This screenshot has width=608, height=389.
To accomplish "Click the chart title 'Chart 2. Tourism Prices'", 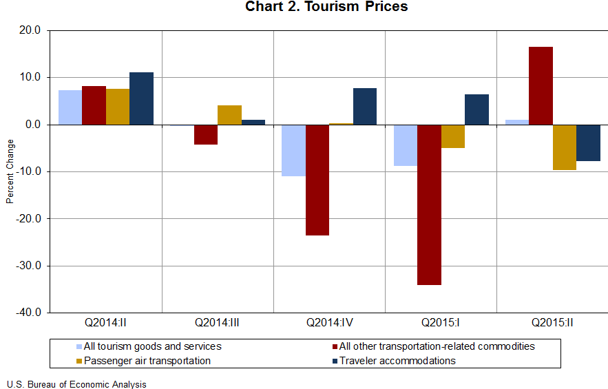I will click(x=326, y=8).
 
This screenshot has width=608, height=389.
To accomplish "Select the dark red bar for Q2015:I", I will click(x=429, y=204).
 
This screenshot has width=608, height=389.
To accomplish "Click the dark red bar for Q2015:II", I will click(x=541, y=85).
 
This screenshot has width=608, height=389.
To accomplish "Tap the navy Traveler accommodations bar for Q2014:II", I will click(x=141, y=98).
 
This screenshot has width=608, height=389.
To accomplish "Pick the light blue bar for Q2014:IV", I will click(x=293, y=150).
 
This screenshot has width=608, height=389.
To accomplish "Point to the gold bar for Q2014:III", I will click(x=229, y=115).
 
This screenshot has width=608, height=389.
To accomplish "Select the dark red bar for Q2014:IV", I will click(x=317, y=180).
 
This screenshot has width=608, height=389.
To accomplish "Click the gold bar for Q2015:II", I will click(x=564, y=147).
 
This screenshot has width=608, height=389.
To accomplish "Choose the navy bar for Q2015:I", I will click(x=476, y=109).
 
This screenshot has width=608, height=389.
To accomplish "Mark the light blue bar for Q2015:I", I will click(x=405, y=145).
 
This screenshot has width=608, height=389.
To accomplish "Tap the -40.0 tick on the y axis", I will click(x=30, y=313).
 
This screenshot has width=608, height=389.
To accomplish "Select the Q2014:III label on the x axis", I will click(x=217, y=322).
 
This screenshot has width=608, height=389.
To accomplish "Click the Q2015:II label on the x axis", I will click(x=552, y=322).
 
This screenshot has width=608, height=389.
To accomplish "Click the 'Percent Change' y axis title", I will click(x=10, y=171).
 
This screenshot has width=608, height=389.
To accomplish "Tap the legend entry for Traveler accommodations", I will click(x=393, y=360).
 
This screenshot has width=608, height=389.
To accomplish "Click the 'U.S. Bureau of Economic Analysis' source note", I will click(x=76, y=383).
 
